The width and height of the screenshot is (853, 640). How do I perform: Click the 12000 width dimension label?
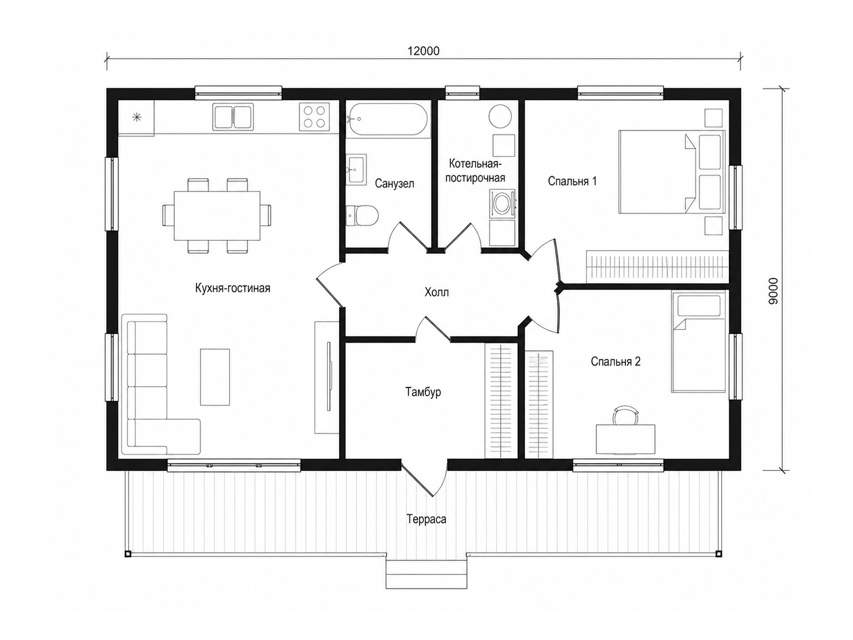[423, 51]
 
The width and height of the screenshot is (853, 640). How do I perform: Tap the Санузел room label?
[394, 183]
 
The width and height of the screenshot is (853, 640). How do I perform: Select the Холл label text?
[437, 292]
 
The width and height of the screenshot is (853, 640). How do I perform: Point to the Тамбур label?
[423, 391]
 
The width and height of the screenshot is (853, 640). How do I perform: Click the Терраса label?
[426, 519]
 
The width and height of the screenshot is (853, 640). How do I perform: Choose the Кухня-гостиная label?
[232, 288]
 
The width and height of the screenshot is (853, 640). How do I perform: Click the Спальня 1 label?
[572, 181]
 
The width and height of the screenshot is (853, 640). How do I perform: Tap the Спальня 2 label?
[616, 362]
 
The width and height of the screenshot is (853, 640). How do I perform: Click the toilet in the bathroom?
[362, 215]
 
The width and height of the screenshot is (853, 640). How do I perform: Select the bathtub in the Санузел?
[387, 119]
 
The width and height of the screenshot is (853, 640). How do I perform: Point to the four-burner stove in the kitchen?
[314, 117]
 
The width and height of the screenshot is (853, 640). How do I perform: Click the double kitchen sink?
[233, 117]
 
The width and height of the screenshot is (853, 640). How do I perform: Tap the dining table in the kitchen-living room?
[217, 215]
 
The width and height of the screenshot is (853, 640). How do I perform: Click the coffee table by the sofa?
[215, 377]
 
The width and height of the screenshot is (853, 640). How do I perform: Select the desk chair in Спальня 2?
[625, 415]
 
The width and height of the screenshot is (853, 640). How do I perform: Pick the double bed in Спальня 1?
[672, 172]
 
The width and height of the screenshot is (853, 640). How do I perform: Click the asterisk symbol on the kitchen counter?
[136, 117]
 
